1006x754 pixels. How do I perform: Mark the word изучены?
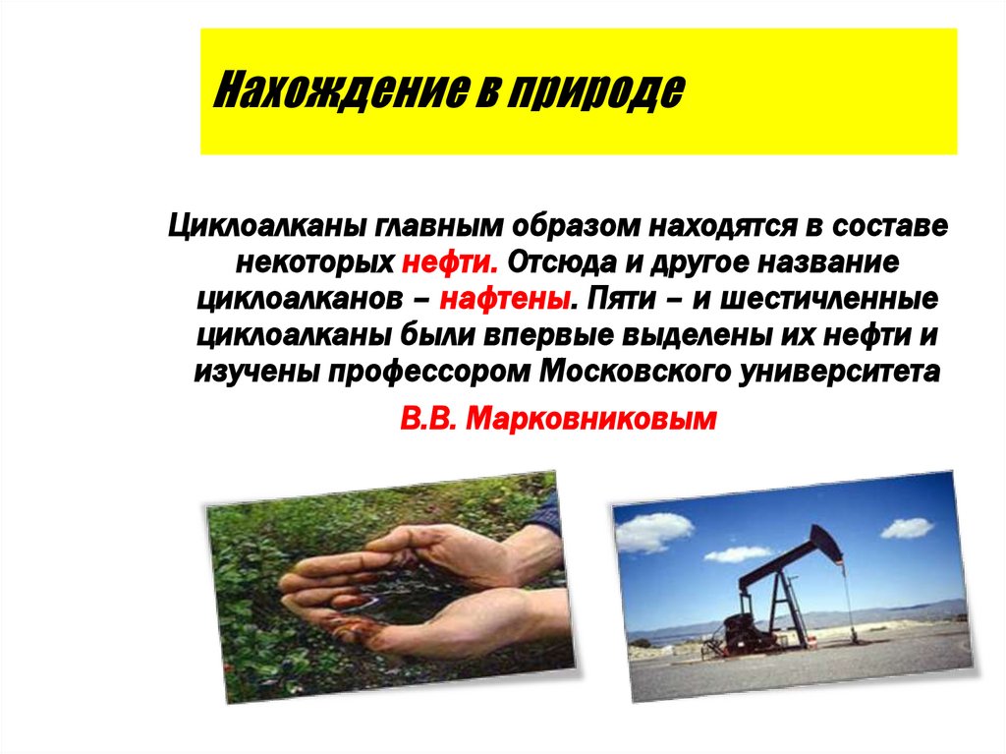tap(257, 373)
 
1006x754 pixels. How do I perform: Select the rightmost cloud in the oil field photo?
tap(906, 528)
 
